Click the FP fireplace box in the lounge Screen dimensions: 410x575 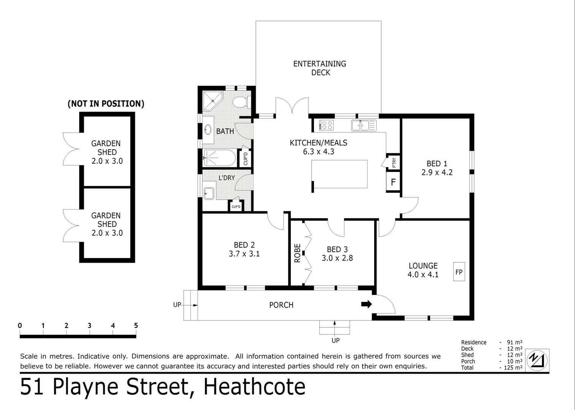459,272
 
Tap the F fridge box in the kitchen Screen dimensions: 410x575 393,182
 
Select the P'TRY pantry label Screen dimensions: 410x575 394,162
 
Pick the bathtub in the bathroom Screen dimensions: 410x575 219,158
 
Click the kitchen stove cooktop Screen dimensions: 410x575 326,125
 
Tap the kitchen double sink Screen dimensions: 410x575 364,125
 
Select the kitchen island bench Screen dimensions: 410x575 340,174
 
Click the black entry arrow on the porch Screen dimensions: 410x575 366,304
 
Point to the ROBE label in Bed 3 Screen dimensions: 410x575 297,253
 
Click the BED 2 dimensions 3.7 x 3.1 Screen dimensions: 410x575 244,254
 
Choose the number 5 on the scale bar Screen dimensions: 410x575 136,325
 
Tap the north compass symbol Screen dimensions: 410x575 538,360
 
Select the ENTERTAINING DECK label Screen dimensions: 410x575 320,68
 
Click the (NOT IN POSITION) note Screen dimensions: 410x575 106,104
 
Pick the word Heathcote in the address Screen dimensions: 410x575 254,387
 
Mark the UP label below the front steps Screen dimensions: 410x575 335,341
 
